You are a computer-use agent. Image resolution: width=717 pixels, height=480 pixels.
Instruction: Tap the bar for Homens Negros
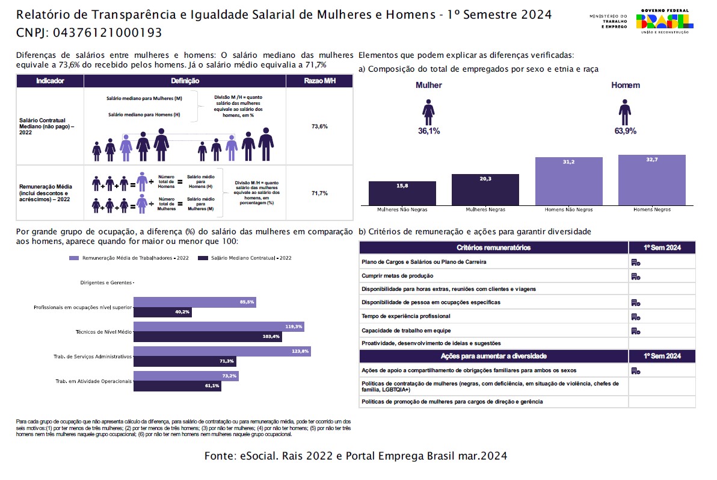point(651,180)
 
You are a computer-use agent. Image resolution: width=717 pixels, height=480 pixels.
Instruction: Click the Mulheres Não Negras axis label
point(402,210)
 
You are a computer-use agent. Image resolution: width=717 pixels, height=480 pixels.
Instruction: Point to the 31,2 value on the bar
point(568,162)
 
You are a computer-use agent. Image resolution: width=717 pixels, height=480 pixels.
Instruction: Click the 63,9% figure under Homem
point(625,131)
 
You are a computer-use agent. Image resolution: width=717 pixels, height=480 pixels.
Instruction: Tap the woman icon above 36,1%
point(429,113)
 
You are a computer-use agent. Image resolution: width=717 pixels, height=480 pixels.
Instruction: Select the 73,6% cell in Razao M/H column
point(319,126)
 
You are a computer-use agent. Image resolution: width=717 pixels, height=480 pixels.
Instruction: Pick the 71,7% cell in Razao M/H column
point(319,193)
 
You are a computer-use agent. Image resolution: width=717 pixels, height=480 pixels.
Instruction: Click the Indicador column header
point(50,81)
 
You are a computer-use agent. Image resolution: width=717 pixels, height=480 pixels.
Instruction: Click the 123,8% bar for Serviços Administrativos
point(222,351)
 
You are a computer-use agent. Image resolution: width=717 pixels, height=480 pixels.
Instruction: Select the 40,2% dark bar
point(162,312)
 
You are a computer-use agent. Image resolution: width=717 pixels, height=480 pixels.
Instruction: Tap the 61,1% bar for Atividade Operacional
point(177,386)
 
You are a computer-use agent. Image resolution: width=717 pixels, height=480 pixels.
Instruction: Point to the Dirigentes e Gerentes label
point(106,282)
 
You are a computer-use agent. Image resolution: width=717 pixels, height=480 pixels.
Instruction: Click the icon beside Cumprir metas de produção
point(635,276)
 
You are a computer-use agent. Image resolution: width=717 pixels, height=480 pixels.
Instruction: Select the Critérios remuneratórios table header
point(493,248)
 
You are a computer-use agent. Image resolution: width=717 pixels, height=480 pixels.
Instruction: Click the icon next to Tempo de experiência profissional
point(635,316)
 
